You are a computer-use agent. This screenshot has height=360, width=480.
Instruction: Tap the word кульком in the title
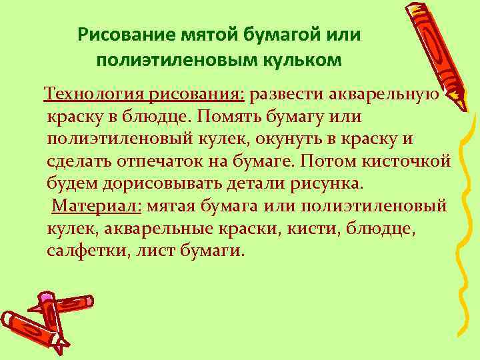click(x=307, y=61)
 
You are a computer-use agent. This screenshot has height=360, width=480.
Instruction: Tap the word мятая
click(x=173, y=205)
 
